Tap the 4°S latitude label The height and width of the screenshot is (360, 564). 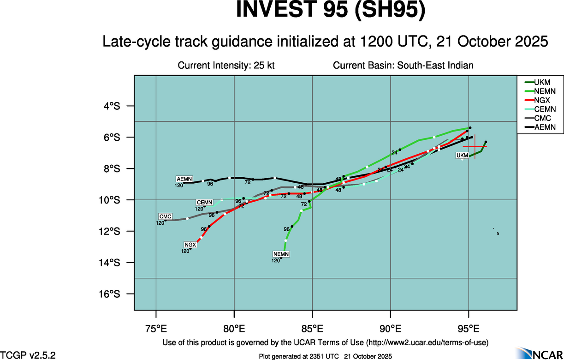(x=112, y=106)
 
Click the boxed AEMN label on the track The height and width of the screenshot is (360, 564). (x=184, y=179)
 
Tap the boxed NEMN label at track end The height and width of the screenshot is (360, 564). (x=281, y=254)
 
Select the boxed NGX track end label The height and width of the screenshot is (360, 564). (x=190, y=245)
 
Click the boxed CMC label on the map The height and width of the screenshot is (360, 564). (x=165, y=216)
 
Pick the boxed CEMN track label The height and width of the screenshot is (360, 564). (x=204, y=203)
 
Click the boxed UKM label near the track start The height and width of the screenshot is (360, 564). (x=462, y=156)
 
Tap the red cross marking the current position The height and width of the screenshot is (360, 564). (x=475, y=147)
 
